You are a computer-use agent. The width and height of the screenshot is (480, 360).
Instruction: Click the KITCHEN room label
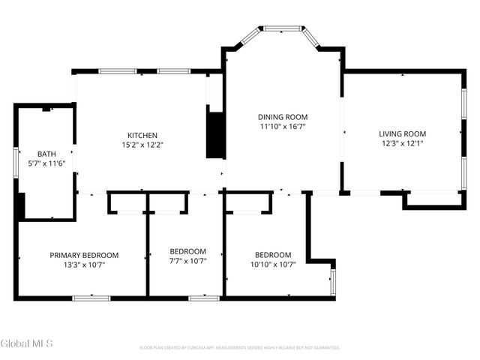tap(142, 135)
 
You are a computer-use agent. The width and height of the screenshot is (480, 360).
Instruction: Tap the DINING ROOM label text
tap(283, 117)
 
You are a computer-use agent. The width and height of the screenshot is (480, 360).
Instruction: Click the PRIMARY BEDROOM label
tap(84, 255)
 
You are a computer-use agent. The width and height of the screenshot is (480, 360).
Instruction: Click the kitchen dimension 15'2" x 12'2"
tap(142, 145)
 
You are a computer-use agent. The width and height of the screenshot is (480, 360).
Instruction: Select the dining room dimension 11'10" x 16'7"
tap(283, 127)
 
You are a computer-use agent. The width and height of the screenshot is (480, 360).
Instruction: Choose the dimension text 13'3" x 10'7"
tap(84, 265)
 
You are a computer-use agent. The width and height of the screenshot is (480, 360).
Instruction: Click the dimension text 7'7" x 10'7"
tap(187, 261)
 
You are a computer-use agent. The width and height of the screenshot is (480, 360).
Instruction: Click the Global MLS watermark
tap(27, 343)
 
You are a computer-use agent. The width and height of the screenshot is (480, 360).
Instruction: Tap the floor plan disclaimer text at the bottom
tap(240, 347)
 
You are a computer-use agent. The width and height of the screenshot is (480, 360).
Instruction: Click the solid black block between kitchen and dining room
tap(215, 135)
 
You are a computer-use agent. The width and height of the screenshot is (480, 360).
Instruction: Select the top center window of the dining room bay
tap(282, 28)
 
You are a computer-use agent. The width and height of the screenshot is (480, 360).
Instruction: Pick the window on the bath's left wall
tap(16, 161)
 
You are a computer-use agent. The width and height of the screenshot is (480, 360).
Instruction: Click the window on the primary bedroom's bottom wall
tap(91, 298)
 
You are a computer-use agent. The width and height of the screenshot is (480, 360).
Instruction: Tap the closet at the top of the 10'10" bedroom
tap(249, 202)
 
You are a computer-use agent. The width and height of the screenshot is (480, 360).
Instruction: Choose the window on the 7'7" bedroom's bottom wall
tap(203, 298)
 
